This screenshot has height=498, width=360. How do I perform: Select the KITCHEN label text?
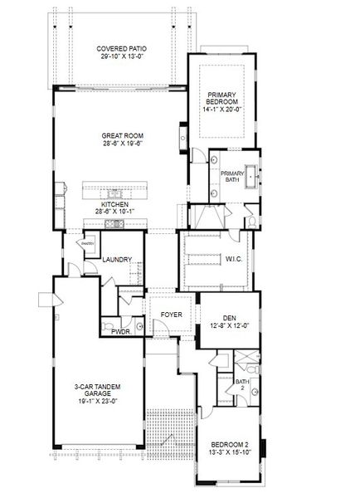point(115,204)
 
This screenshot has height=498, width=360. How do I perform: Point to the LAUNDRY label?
point(117,260)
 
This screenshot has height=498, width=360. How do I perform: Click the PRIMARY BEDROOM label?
point(221,96)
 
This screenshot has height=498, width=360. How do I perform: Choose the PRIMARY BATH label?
point(233,175)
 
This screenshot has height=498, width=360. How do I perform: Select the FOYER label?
point(171,315)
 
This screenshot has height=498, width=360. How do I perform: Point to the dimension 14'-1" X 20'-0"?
point(221,109)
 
